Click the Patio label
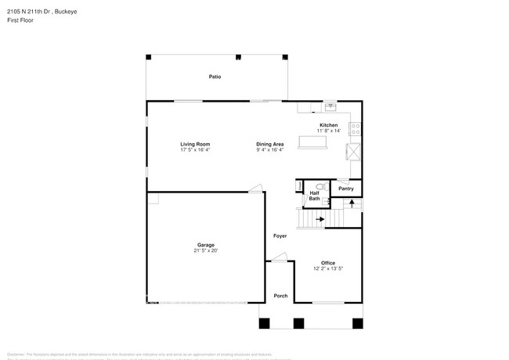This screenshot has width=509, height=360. tap(214, 77)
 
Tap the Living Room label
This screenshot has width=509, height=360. tap(195, 144)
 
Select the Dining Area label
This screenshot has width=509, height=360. tap(269, 144)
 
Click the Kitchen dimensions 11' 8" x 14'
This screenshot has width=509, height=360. tap(330, 131)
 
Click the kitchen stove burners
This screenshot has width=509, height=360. tap(355, 127)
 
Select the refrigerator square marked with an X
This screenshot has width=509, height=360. tap(355, 152)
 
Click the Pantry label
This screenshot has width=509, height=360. tap(346, 189)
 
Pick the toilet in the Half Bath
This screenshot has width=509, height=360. tap(301, 186)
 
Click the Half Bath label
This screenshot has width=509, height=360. tap(314, 196)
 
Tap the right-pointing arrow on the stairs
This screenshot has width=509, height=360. tap(319, 220)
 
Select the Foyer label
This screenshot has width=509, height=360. tap(280, 236)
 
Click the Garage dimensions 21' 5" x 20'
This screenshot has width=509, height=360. tap(206, 251)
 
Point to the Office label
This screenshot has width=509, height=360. tap(328, 263)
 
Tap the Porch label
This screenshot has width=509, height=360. tap(280, 295)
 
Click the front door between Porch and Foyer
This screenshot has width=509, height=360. tap(280, 257)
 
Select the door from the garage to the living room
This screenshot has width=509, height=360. tap(255, 188)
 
